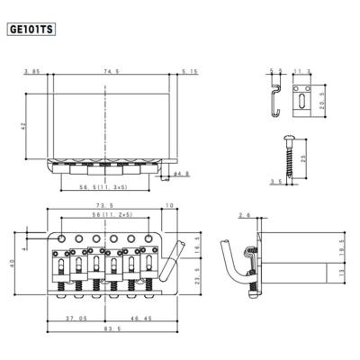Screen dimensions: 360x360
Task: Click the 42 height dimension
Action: pos(34,127)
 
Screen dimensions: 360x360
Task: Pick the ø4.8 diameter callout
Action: pos(181,173)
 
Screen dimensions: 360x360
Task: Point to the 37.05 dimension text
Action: pos(76,319)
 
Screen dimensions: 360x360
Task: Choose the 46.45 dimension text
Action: pos(139,319)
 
